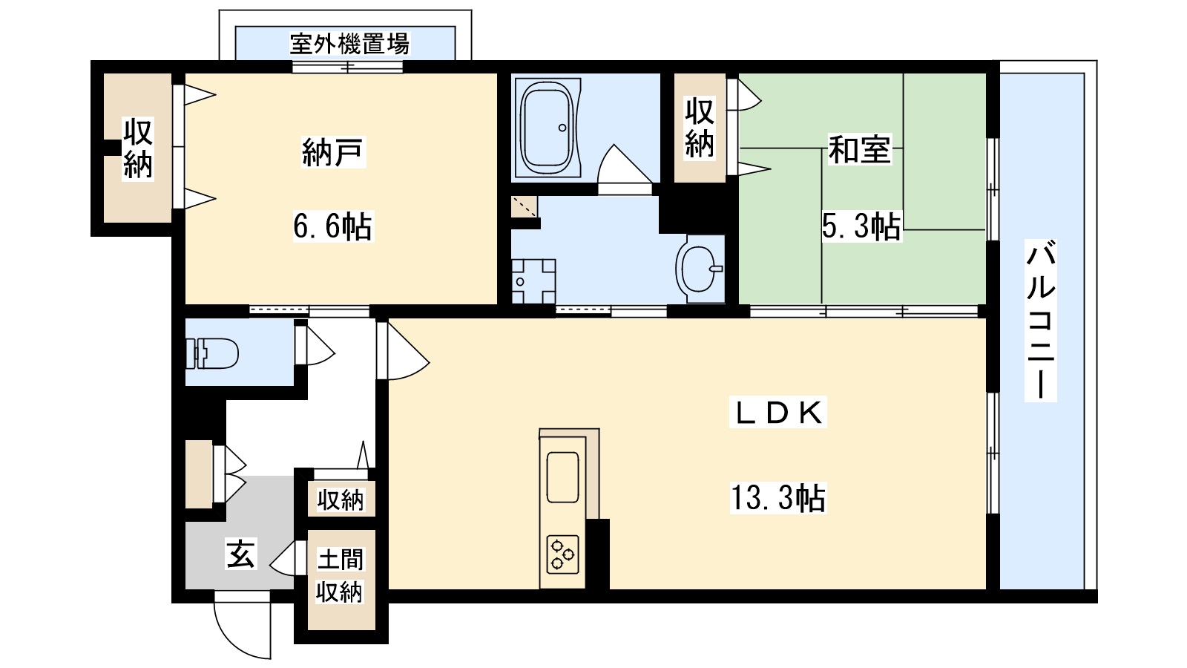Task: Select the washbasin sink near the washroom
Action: click(x=700, y=269)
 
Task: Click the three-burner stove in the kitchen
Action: click(x=562, y=554)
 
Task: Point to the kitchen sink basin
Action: click(x=562, y=477)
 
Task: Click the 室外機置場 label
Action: click(x=349, y=45)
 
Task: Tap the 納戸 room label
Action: click(x=333, y=152)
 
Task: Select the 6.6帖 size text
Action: click(x=332, y=226)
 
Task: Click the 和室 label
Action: click(x=859, y=150)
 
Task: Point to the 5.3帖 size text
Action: click(x=861, y=226)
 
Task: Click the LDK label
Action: click(x=778, y=413)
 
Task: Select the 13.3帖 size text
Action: click(x=777, y=498)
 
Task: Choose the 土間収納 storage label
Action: click(x=340, y=575)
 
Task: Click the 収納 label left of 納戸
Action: click(x=138, y=148)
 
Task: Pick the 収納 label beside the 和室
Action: click(x=699, y=128)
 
